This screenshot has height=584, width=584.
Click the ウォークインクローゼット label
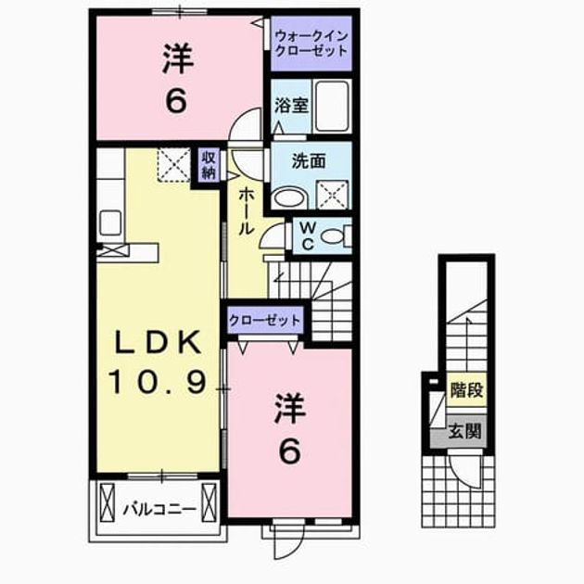[x=311, y=44]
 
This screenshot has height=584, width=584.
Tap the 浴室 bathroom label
[x=291, y=106]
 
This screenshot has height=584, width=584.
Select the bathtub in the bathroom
[x=332, y=106]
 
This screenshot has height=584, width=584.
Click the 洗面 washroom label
[x=309, y=161]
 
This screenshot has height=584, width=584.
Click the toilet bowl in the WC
[x=332, y=237]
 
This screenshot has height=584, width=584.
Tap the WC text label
[x=308, y=235]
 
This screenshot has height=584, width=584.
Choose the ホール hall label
[x=246, y=210]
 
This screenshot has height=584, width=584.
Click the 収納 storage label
[x=209, y=165]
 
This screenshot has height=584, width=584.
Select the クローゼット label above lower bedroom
[x=265, y=321]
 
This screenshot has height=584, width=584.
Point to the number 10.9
[x=158, y=382]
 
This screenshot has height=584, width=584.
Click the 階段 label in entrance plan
[x=466, y=389]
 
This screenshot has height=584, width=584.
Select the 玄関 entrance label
[x=464, y=431]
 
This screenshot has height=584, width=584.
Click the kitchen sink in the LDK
[x=110, y=222]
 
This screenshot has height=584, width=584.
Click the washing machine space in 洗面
[x=332, y=195]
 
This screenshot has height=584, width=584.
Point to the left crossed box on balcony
[x=108, y=502]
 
